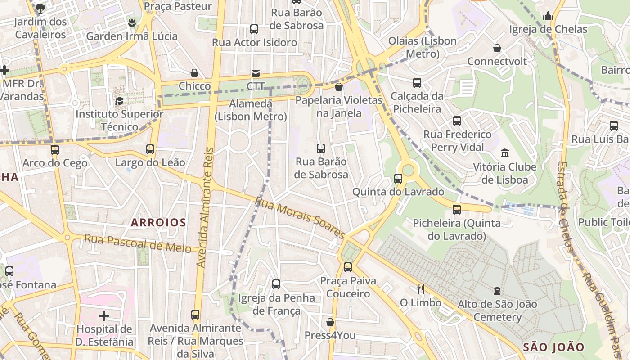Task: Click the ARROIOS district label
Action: coord(158,222)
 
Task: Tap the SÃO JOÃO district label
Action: coord(553,347)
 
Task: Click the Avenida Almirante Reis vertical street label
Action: coord(205,207)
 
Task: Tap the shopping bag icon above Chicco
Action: coord(194,73)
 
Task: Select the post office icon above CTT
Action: coord(255,73)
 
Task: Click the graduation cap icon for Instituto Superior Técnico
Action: coord(119,101)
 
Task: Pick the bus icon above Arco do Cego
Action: coord(55,149)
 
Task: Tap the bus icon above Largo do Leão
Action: coord(150,149)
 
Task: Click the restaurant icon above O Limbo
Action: coord(421,289)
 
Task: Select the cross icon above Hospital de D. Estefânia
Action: coord(104,316)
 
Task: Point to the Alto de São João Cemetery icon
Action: coord(497,291)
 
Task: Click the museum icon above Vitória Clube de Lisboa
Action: coord(504,153)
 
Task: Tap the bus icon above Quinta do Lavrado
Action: coord(398,179)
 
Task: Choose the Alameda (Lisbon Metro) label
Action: coord(251,110)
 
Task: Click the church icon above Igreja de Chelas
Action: coord(548,16)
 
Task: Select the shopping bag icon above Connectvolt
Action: coord(497,48)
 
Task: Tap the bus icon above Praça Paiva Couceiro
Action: coord(348,267)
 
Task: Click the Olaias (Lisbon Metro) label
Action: coord(423,47)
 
